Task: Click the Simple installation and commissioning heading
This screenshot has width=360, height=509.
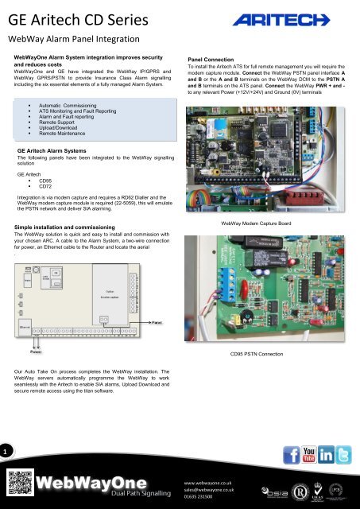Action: click(72, 227)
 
